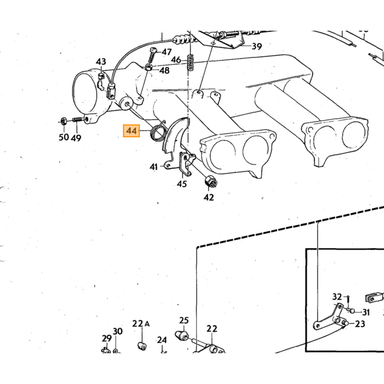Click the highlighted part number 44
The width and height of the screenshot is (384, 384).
[x=131, y=131]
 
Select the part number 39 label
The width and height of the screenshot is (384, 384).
[x=257, y=46]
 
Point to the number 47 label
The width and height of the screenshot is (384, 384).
[x=167, y=52]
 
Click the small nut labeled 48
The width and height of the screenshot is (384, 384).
[x=149, y=67]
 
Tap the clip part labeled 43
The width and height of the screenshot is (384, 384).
[x=101, y=82]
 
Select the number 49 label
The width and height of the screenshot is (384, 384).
[x=76, y=138]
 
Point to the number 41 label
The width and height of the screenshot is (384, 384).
[x=154, y=167]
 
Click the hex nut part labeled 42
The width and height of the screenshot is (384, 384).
[x=210, y=182]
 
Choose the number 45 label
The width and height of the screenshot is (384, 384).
[x=182, y=184]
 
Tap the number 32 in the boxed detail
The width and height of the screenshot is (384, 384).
[x=337, y=297]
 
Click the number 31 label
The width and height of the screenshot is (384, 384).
[x=366, y=312]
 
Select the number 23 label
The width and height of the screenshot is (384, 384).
[x=360, y=324]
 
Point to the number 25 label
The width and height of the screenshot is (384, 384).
[x=184, y=320]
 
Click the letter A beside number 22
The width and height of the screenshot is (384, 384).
[x=147, y=324]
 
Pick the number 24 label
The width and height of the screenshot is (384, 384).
[x=162, y=340]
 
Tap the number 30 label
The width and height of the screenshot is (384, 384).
[x=117, y=331]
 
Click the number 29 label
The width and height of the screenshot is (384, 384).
[x=106, y=338]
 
